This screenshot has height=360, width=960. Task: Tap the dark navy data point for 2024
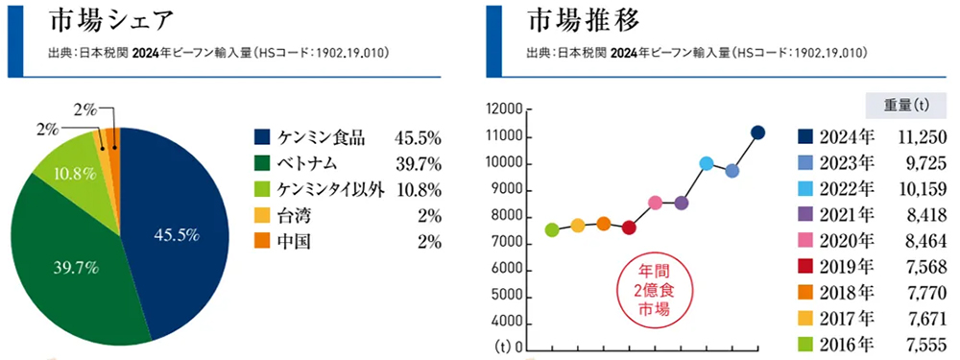point(757,132)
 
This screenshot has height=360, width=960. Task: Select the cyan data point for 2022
point(707,164)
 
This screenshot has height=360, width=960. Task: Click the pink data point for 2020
point(655,203)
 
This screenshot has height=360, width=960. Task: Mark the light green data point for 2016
point(552,229)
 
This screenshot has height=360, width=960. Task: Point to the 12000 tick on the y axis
point(505,111)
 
